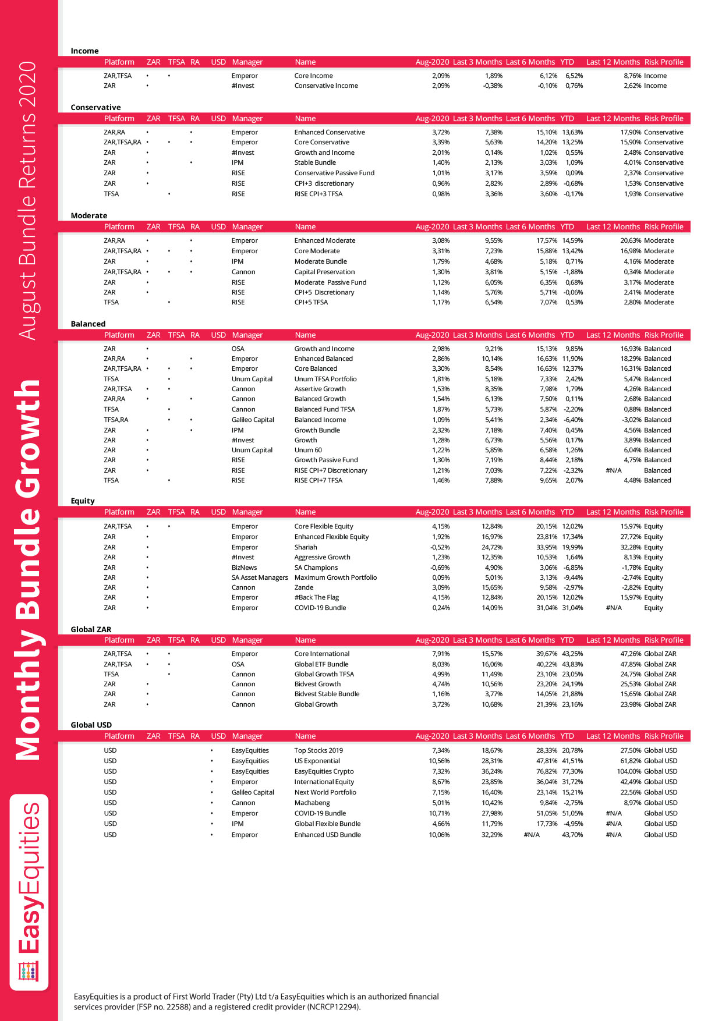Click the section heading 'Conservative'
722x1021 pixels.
pyautogui.click(x=95, y=107)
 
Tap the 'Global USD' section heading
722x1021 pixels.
pyautogui.click(x=91, y=725)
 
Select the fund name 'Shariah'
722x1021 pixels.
pyautogui.click(x=306, y=547)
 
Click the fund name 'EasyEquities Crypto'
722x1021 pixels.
pyautogui.click(x=324, y=771)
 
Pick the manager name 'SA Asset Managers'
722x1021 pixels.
pyautogui.click(x=260, y=577)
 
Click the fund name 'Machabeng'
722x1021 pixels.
pyautogui.click(x=312, y=803)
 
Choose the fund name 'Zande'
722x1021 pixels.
pyautogui.click(x=304, y=587)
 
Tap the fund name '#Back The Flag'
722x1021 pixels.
pyautogui.click(x=316, y=597)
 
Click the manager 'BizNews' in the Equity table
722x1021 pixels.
pyautogui.click(x=244, y=568)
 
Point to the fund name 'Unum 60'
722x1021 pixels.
pyautogui.click(x=308, y=450)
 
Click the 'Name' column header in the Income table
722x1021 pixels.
pyautogui.click(x=305, y=62)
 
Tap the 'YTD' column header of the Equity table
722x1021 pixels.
pyautogui.click(x=567, y=512)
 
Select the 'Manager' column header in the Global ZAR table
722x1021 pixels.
pyautogui.click(x=247, y=640)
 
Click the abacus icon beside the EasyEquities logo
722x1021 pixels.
pyautogui.click(x=29, y=971)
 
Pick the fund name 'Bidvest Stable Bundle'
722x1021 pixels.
pyautogui.click(x=327, y=694)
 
